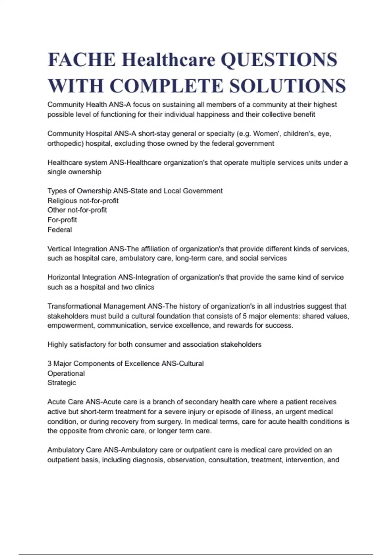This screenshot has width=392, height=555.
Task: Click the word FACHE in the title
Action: point(82,60)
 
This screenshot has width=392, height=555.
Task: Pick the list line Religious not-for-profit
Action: point(83,201)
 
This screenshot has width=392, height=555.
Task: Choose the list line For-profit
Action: point(62,220)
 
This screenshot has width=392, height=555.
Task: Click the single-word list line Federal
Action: point(59,230)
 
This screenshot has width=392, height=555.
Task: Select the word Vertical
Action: point(59,249)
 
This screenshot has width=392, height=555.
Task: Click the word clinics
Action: point(144,287)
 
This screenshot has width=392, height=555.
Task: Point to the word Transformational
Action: point(74,306)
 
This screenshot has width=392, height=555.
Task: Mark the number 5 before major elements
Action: point(245,316)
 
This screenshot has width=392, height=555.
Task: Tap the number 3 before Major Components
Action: point(49,364)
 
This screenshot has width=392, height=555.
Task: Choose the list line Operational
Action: point(66,373)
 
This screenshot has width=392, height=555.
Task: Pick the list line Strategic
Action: point(62,383)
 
